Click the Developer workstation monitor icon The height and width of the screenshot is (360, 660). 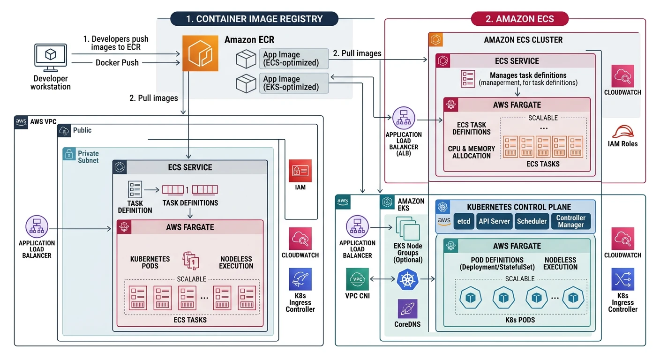coord(50,56)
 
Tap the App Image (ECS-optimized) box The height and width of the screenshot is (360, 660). coord(294,59)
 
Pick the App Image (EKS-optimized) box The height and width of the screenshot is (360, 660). coord(294,83)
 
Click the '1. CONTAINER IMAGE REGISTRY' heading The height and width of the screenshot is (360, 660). coord(254,19)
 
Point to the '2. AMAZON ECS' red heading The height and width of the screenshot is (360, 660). coord(519,19)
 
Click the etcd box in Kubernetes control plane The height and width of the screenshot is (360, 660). coord(464,221)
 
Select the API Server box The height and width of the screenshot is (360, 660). coord(494,221)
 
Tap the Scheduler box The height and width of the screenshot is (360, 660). coord(532,221)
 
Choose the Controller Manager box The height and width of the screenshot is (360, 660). coord(571,221)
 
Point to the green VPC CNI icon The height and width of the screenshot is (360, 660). coord(358,279)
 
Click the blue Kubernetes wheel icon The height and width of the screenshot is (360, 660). coord(407,280)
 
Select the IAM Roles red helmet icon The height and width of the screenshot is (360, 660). coord(622,132)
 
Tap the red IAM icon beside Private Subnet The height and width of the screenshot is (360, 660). coord(300,171)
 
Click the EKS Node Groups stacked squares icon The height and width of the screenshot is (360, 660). coord(407,229)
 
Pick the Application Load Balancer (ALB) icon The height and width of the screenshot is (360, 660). coord(403,119)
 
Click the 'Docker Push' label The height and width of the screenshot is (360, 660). coord(117,62)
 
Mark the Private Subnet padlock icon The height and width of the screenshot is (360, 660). coord(69,153)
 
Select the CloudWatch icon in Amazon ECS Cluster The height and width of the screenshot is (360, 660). coord(622,76)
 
